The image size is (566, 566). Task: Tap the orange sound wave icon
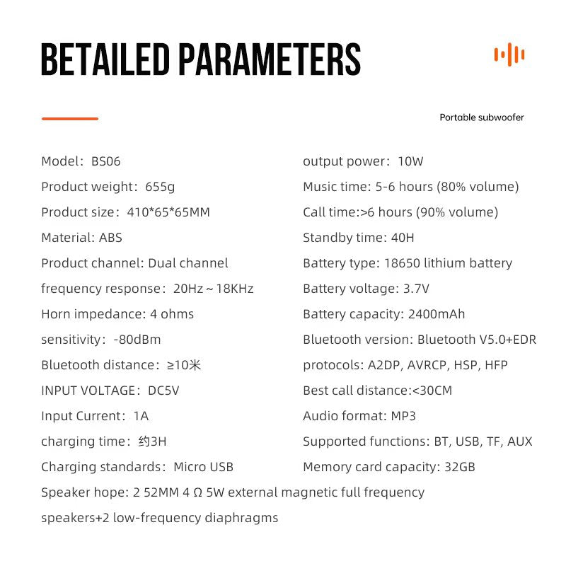coord(509,54)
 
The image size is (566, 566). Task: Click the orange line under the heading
coord(69,118)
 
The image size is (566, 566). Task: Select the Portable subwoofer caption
coord(482,117)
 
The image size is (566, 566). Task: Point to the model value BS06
coord(106,161)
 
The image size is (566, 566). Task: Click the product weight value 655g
coord(160,187)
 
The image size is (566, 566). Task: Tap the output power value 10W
coord(410,161)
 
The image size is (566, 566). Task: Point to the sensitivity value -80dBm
coord(137,340)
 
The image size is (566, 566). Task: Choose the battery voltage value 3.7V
coord(416,289)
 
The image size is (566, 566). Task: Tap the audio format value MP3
coord(403,416)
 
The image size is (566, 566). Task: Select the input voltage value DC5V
coord(163,391)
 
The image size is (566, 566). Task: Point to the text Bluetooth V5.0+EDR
coord(477,340)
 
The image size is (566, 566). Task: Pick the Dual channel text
coord(188,263)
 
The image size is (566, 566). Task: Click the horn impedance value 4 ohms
coord(168,314)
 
